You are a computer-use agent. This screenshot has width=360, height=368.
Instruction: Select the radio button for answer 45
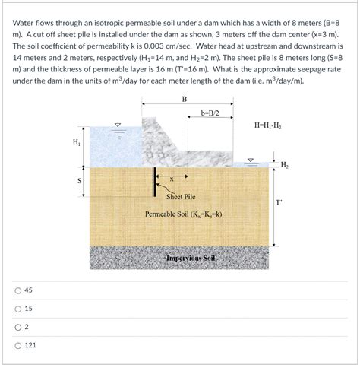click(x=17, y=290)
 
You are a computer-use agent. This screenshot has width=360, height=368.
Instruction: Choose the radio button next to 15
click(x=17, y=309)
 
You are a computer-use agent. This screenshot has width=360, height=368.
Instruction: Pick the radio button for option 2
click(x=17, y=328)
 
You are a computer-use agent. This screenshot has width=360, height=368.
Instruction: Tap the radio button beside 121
click(x=17, y=347)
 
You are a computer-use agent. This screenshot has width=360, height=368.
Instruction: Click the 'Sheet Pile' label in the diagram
click(x=181, y=196)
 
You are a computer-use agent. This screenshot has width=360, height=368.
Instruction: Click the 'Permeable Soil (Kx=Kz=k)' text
click(x=185, y=214)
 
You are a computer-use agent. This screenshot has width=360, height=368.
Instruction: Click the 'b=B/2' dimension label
click(x=210, y=113)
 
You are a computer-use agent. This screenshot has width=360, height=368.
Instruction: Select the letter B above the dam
click(x=184, y=100)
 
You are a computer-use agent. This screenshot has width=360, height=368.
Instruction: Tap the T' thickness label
click(x=279, y=203)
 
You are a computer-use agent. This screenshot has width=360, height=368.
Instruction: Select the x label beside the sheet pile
click(x=172, y=179)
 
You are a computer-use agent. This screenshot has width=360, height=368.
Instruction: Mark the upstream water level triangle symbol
click(x=115, y=125)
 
